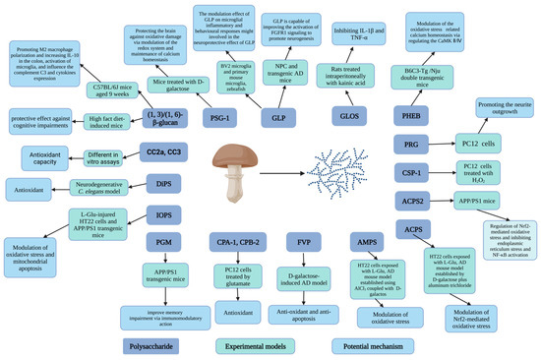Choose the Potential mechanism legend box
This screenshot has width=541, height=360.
[x=369, y=345]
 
